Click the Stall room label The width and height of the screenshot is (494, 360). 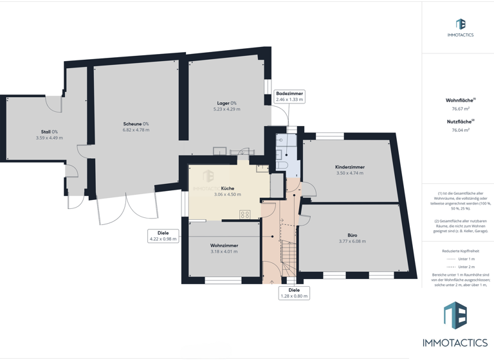point(45,132)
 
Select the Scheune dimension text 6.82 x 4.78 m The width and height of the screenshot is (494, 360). point(136,130)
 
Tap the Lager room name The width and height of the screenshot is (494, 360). point(223,103)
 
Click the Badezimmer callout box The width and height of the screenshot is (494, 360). point(289,96)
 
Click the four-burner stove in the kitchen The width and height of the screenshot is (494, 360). point(244,215)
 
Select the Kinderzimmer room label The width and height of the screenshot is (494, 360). point(349,167)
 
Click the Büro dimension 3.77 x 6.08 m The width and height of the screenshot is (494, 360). point(352,241)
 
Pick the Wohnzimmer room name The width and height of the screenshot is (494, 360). point(224,246)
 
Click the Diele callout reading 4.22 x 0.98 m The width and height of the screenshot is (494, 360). point(163,236)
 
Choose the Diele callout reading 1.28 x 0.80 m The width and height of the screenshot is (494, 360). point(294,293)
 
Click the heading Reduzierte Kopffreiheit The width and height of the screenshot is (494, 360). point(461,251)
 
